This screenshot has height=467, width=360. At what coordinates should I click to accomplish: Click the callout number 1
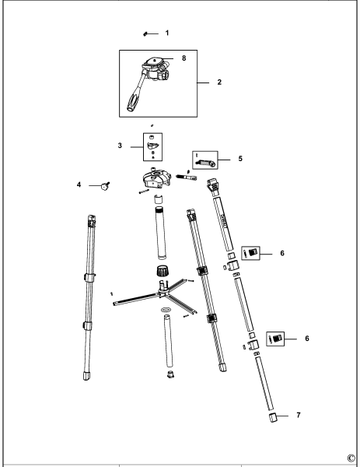(x=167, y=33)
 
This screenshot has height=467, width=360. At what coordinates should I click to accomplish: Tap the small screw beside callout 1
(x=146, y=34)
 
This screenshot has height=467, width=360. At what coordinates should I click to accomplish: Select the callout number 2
(x=221, y=81)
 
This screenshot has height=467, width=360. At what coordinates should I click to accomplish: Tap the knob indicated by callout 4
(x=103, y=185)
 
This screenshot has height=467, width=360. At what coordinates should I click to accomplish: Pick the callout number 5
(x=240, y=158)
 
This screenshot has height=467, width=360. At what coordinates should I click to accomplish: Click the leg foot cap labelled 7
(x=273, y=418)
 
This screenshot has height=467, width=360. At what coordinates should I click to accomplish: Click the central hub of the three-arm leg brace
(x=166, y=293)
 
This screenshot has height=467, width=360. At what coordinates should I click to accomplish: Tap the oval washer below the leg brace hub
(x=166, y=311)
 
